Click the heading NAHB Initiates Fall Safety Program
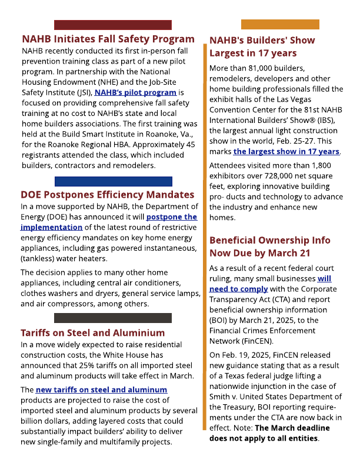point(108,39)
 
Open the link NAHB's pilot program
point(135,92)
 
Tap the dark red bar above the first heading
point(112,25)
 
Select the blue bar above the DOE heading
point(113,182)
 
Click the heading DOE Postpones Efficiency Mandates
point(107,195)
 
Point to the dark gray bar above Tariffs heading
point(112,318)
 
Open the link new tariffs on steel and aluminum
point(101,390)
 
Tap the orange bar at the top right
point(280,24)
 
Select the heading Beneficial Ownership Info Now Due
point(269,247)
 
